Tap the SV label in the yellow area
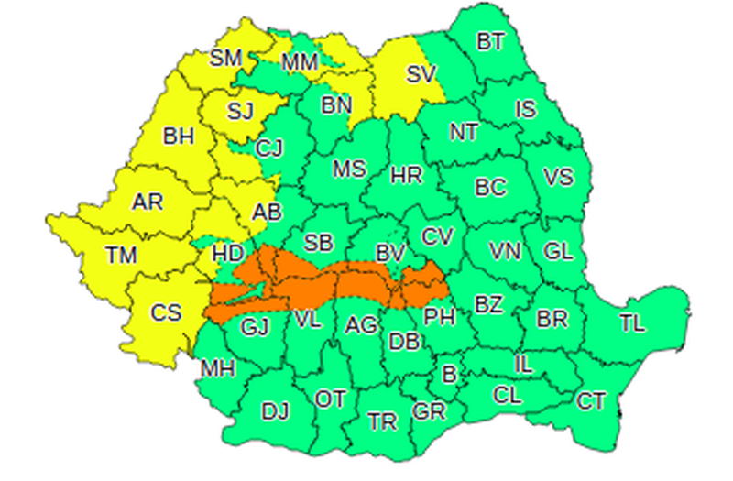pyautogui.click(x=421, y=75)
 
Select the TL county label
pyautogui.click(x=631, y=322)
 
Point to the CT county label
pyautogui.click(x=591, y=399)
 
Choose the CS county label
pyautogui.click(x=166, y=312)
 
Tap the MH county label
pyautogui.click(x=218, y=369)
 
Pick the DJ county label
pyautogui.click(x=274, y=411)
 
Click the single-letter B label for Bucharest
pyautogui.click(x=449, y=374)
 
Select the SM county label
pyautogui.click(x=225, y=59)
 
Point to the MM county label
pyautogui.click(x=300, y=62)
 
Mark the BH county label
pyautogui.click(x=179, y=137)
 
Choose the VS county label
pyautogui.click(x=558, y=178)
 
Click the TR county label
pyautogui.click(x=382, y=421)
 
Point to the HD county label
pyautogui.click(x=226, y=254)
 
